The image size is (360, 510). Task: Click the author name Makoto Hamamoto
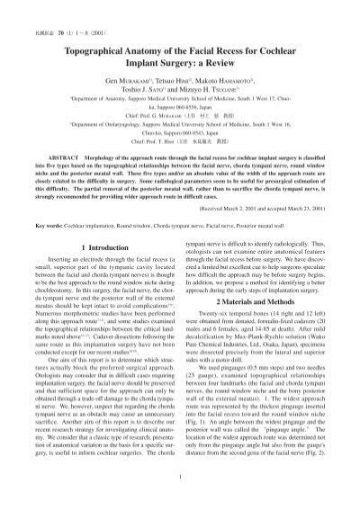(220, 78)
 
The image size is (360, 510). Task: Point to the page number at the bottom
(179, 500)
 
